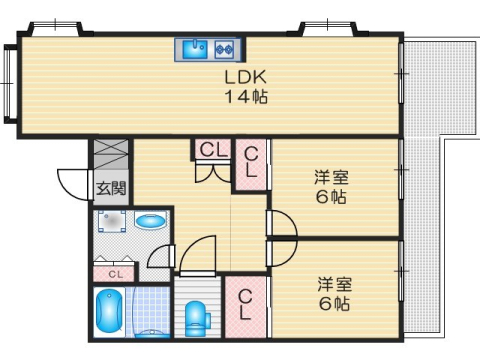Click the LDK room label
(244, 77)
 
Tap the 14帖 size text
(244, 97)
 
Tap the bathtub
(107, 313)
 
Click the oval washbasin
(150, 221)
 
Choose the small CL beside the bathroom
(115, 272)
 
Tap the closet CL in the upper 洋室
(251, 163)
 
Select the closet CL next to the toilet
(244, 303)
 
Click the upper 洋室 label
(332, 177)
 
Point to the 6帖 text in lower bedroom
(334, 303)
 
